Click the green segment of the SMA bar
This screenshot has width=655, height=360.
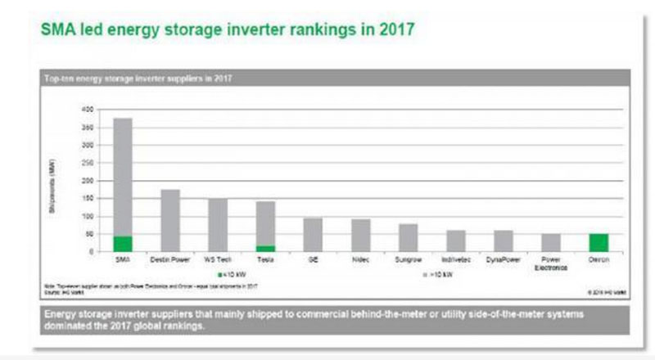click(122, 244)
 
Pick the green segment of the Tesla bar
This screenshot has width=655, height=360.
click(265, 248)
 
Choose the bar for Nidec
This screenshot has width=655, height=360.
click(360, 235)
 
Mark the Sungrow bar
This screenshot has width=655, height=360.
click(408, 237)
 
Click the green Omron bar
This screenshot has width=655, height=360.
click(599, 243)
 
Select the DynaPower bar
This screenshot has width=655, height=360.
click(504, 241)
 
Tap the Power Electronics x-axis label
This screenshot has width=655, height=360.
click(551, 263)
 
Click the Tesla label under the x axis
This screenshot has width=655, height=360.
click(265, 259)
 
